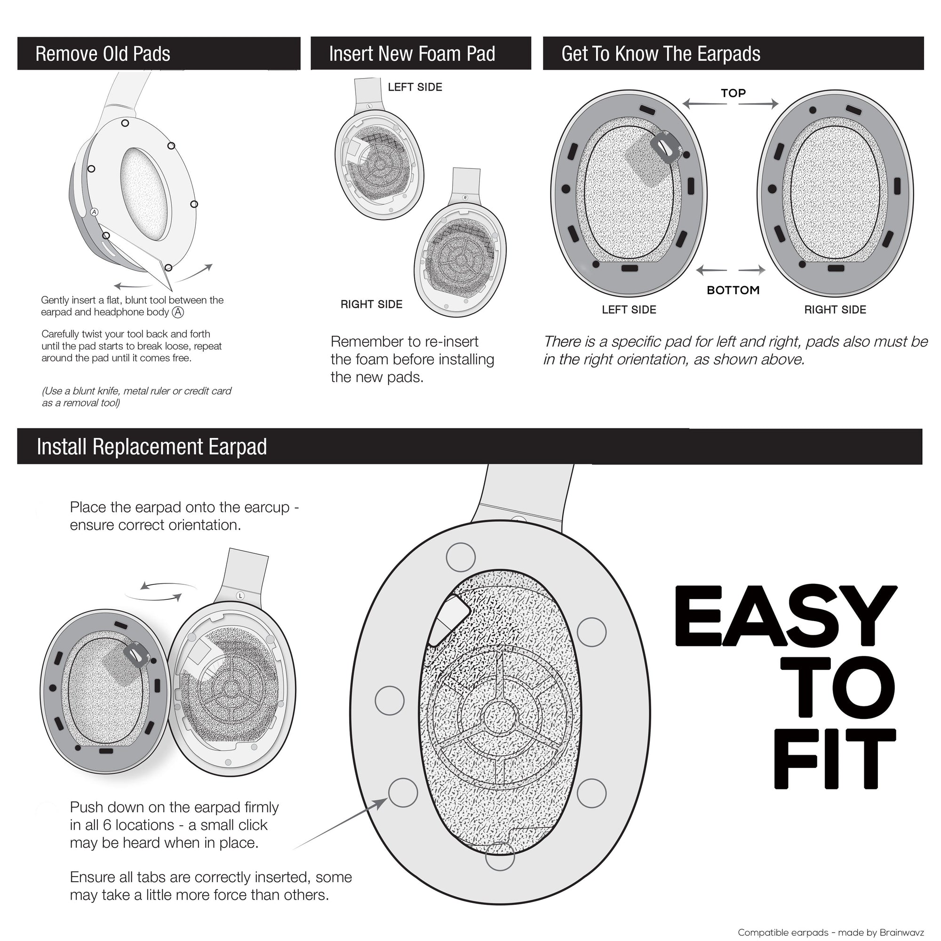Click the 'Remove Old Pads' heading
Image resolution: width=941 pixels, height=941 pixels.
click(x=103, y=54)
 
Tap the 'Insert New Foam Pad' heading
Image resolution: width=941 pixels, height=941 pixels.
click(x=412, y=54)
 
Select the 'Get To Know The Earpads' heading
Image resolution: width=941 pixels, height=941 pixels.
click(x=661, y=54)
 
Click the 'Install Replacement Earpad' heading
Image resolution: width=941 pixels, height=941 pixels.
click(x=152, y=447)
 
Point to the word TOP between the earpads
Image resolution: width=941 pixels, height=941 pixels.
click(x=733, y=93)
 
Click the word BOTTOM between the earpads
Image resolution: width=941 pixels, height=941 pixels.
click(x=733, y=290)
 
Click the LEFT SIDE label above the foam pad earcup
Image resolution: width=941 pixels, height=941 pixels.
click(x=415, y=87)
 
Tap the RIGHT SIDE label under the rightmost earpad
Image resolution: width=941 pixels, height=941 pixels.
click(x=835, y=310)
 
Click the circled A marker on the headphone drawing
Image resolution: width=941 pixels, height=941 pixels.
click(x=95, y=212)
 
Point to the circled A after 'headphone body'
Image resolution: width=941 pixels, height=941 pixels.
click(x=178, y=312)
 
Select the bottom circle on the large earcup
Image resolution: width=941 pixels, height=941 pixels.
click(x=500, y=856)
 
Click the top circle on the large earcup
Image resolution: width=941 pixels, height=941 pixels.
click(x=460, y=557)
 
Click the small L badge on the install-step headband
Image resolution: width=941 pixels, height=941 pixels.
click(x=240, y=596)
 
